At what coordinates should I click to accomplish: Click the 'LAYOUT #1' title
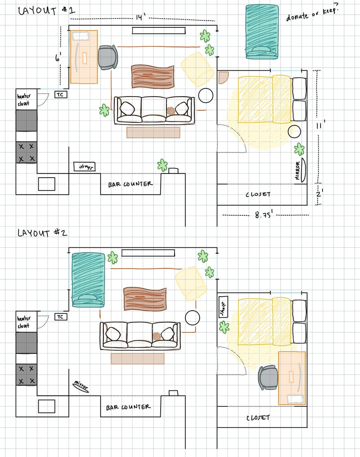[47, 11]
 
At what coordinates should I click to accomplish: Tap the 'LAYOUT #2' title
[42, 233]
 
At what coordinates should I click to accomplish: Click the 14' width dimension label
[141, 17]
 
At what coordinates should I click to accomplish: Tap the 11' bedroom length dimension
[320, 125]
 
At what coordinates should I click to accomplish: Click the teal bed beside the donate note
[262, 32]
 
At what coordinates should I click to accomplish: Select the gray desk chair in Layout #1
[108, 57]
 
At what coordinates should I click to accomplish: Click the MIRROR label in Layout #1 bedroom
[298, 171]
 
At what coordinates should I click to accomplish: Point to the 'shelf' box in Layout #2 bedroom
[223, 307]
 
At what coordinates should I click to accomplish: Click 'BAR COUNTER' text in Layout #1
[130, 184]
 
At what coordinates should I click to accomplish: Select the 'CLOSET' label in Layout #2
[258, 418]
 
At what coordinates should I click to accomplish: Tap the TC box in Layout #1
[61, 95]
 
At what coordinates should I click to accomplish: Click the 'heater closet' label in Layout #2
[24, 322]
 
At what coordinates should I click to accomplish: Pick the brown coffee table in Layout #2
[145, 299]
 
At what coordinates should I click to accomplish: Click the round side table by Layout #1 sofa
[206, 95]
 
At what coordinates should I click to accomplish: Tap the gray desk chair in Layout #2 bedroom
[268, 377]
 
